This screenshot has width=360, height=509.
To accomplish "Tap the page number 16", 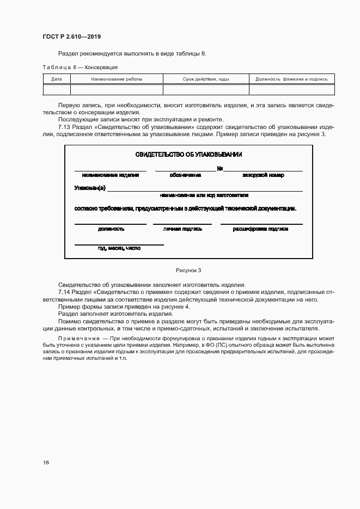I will tap(46, 462).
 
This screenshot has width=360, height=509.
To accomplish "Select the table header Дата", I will tap(56, 79).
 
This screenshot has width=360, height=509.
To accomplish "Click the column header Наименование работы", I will tap(117, 79).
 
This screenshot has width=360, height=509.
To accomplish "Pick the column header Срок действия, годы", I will tap(206, 79).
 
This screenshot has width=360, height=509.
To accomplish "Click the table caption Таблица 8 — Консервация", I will tap(80, 67).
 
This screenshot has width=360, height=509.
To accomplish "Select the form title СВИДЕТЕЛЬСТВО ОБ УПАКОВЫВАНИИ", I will tap(189, 155).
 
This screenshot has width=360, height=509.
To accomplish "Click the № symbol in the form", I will tap(220, 169).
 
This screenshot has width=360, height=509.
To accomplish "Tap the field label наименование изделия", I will tap(111, 175).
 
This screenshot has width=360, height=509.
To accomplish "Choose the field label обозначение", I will tap(185, 175).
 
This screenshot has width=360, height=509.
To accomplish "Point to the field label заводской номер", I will tap(263, 175).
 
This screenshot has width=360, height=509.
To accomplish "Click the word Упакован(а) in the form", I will tap(90, 188).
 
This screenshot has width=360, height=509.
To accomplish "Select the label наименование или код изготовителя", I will tap(204, 194).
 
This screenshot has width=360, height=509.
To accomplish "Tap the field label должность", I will tap(111, 229).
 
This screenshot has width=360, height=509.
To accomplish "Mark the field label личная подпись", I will tap(182, 229).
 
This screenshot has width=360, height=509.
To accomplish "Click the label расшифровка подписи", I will tap(261, 229).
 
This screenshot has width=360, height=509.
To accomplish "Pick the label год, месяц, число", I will tap(119, 248).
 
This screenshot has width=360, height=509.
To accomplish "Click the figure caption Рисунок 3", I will tap(188, 270).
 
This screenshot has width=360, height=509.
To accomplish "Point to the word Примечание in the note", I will tap(76, 339).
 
